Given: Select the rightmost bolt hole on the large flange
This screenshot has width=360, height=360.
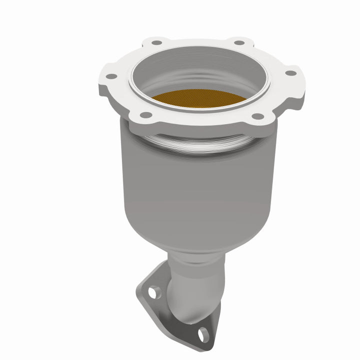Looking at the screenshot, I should point(289,73).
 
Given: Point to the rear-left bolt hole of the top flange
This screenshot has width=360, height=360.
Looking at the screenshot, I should point(157,43).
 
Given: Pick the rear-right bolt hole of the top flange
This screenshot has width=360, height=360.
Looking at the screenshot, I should point(239,42).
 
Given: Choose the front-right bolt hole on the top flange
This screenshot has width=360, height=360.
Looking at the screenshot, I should point(257,116).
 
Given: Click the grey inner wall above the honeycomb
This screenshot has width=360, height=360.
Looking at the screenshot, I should point(200,75).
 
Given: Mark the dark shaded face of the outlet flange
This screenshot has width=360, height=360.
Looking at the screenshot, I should point(170,320).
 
